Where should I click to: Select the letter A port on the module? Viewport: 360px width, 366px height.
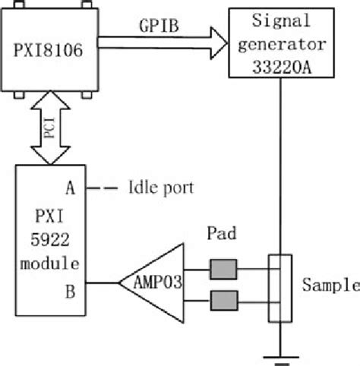(x=70, y=185)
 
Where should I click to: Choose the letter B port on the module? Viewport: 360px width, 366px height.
(x=70, y=286)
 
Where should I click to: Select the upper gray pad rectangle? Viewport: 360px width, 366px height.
(x=223, y=269)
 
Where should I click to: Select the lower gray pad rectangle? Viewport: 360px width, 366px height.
(x=223, y=298)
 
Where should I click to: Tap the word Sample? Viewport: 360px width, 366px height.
(x=329, y=285)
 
